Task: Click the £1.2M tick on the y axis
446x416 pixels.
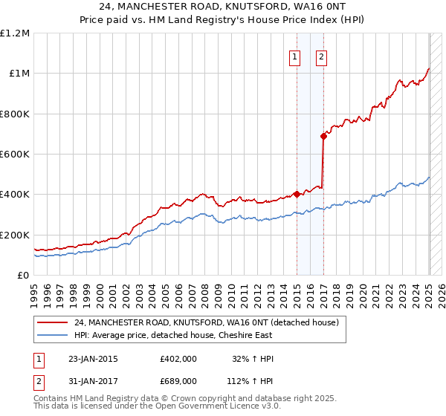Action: [15, 33]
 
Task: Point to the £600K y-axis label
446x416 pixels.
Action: [15, 155]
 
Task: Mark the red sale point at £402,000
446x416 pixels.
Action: [297, 195]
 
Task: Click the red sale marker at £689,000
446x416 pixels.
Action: [323, 136]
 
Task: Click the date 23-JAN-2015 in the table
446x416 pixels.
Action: [93, 359]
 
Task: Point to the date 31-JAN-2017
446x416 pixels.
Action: [93, 380]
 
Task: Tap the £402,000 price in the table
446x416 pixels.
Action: [178, 359]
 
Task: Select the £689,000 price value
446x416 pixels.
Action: [178, 380]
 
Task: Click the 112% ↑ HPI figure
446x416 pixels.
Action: [251, 380]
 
